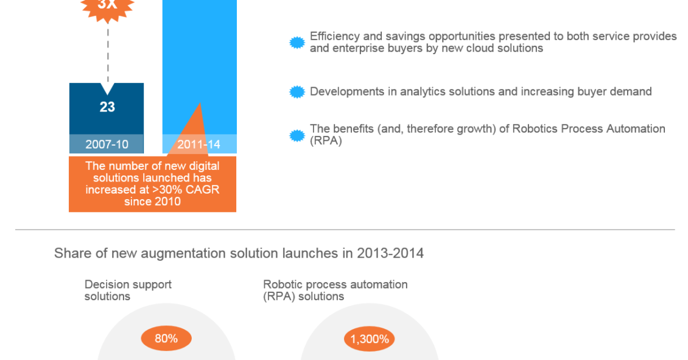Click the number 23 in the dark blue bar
pos(107,107)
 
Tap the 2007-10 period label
pos(107,144)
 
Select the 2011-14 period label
pos(198,144)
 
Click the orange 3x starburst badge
pos(108,7)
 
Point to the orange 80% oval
pos(166,339)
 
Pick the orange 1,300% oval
pos(370,339)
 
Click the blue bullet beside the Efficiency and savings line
pos(297,43)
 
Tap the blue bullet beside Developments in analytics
pos(297,92)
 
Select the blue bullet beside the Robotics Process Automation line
pos(297,136)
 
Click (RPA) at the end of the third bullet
pos(326,141)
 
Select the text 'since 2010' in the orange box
pos(152,202)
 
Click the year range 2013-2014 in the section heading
pos(390,253)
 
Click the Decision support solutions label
pos(128,290)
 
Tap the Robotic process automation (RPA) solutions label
pos(335,290)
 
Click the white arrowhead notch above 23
pos(108,88)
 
